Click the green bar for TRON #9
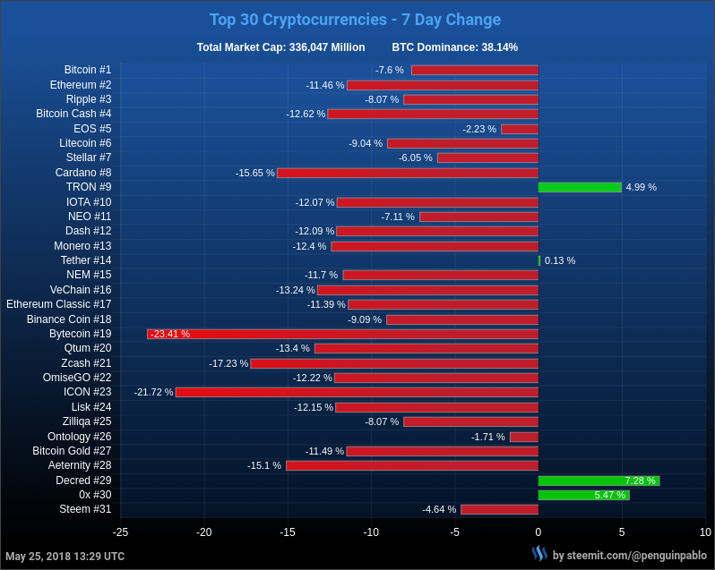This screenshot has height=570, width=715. pyautogui.click(x=580, y=187)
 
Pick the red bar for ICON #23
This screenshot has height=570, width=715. pyautogui.click(x=357, y=392)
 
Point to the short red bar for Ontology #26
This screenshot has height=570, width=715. pyautogui.click(x=524, y=437)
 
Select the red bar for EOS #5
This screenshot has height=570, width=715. pyautogui.click(x=520, y=129)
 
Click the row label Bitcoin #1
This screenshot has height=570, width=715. pyautogui.click(x=88, y=70)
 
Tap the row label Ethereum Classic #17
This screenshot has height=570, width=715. pyautogui.click(x=59, y=304)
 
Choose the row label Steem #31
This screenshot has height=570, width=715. pyautogui.click(x=85, y=509)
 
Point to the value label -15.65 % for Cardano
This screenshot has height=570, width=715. pyautogui.click(x=254, y=173)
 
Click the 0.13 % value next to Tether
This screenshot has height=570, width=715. pyautogui.click(x=560, y=260)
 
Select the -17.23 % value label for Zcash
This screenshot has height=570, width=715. pyautogui.click(x=228, y=363)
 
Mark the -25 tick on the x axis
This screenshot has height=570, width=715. pyautogui.click(x=120, y=532)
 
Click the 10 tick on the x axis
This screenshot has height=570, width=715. pyautogui.click(x=705, y=532)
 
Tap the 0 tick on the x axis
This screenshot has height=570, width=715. pyautogui.click(x=538, y=532)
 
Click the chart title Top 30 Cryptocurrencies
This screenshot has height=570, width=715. pyautogui.click(x=355, y=20)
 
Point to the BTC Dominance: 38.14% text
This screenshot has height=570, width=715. pyautogui.click(x=454, y=47)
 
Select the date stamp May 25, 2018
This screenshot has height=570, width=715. pyautogui.click(x=65, y=556)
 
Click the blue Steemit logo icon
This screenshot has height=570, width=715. pyautogui.click(x=539, y=553)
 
